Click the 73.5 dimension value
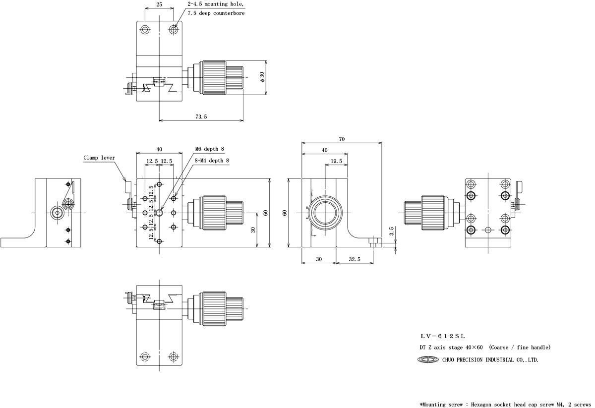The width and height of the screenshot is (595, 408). (x=201, y=117)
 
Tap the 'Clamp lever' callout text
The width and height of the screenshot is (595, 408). (x=99, y=158)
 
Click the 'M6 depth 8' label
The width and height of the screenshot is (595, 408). (x=209, y=149)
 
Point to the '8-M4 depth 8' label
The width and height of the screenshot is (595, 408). (x=212, y=160)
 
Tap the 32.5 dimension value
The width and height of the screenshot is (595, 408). (x=355, y=259)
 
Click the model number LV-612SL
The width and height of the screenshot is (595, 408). (x=442, y=337)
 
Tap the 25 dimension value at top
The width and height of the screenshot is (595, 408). (x=159, y=4)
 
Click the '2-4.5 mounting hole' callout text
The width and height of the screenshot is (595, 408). (x=216, y=4)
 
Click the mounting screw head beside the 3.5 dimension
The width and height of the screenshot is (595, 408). (x=374, y=242)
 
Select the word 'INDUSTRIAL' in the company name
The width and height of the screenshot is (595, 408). (x=495, y=360)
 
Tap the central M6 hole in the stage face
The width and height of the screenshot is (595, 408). (x=160, y=213)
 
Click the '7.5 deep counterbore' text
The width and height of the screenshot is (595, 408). (x=216, y=13)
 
